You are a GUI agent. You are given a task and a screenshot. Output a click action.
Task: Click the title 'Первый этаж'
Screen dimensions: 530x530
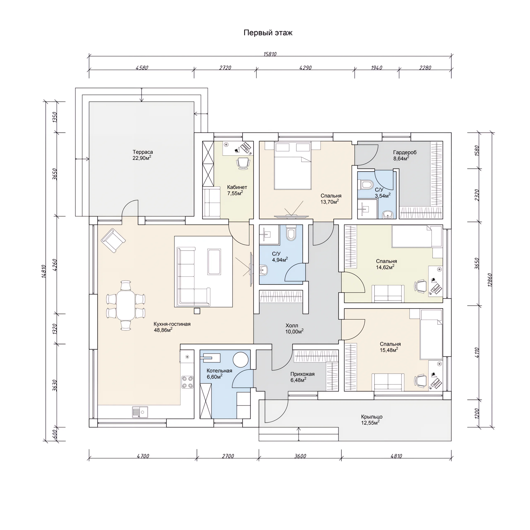268,33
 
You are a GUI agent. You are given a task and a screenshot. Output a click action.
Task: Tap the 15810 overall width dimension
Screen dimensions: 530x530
270,54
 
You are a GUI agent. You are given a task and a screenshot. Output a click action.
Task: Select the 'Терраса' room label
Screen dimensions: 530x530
143,152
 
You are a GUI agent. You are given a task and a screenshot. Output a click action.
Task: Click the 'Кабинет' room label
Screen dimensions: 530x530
237,187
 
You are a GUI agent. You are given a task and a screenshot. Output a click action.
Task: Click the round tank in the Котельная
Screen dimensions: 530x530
241,360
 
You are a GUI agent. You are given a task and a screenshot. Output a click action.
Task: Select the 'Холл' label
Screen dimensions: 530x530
292,326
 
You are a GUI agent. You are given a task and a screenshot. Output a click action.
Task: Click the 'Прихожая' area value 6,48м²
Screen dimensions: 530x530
299,380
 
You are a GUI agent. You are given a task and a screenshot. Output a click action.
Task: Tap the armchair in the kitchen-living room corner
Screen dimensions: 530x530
113,240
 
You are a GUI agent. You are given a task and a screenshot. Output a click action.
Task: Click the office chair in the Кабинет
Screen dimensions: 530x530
243,163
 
